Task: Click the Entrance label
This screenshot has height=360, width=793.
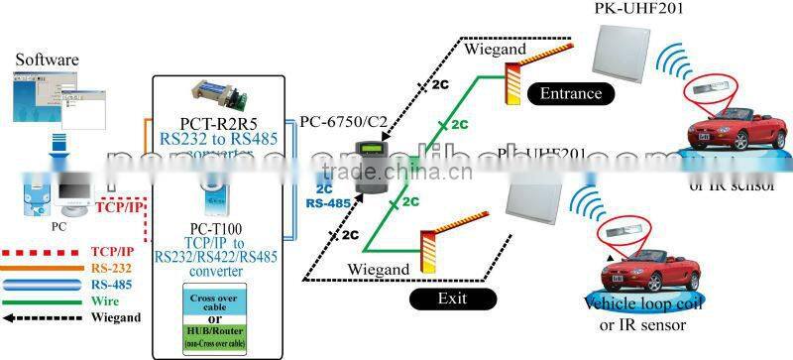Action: tap(571, 95)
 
